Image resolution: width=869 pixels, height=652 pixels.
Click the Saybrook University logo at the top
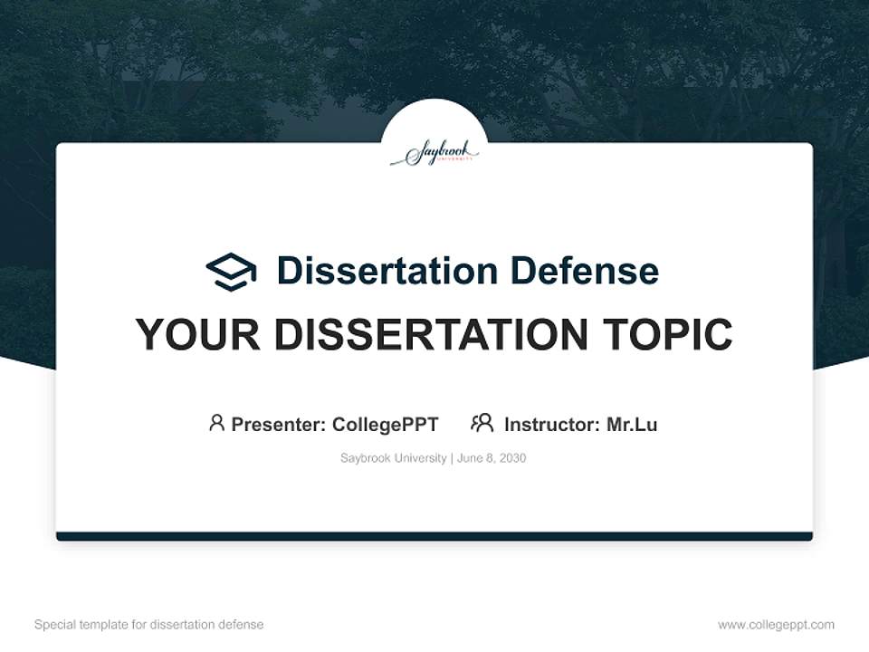coord(434,153)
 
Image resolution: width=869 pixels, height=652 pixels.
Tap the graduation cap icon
coord(231,272)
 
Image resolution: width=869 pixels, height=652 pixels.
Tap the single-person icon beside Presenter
coord(216,423)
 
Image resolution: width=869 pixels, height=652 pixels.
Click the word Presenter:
coord(279,424)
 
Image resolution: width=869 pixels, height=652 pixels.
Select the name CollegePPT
coord(386,424)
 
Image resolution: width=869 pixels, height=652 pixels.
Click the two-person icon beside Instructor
coord(482,423)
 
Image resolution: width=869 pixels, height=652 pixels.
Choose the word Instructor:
coord(552,424)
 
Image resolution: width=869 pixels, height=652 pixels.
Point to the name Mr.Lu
coord(632,424)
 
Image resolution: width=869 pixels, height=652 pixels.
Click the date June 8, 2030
coord(492,458)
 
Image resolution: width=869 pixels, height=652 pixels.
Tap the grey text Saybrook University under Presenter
coord(393,458)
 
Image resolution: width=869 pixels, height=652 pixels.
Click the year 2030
coord(512,458)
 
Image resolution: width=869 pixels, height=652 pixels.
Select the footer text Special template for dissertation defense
coord(149,625)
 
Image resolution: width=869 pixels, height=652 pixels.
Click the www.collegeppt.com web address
coord(776,625)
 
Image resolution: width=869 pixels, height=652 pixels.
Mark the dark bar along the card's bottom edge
coord(434,536)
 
